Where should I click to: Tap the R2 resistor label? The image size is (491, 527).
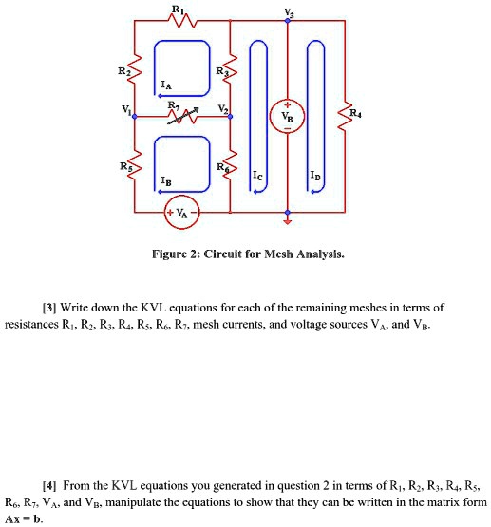tap(122, 71)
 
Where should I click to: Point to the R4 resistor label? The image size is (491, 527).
tap(355, 113)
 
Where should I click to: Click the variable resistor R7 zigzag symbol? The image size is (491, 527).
tap(181, 115)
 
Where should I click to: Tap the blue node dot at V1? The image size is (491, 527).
tap(136, 116)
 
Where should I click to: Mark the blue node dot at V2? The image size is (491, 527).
tap(230, 116)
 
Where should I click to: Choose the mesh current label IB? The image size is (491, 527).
tap(167, 179)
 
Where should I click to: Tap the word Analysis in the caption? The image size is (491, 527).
tap(318, 254)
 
